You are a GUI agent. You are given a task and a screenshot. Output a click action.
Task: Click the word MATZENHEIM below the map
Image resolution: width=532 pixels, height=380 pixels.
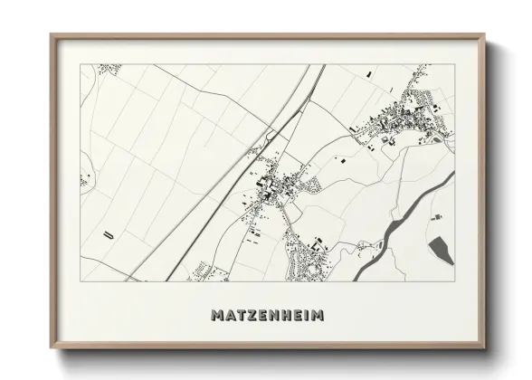click(x=266, y=316)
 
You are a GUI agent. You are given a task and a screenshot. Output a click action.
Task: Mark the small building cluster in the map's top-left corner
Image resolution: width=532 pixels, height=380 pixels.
click(x=109, y=69)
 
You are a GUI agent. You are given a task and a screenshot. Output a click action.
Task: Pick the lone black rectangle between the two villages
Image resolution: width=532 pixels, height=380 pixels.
click(x=343, y=159)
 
